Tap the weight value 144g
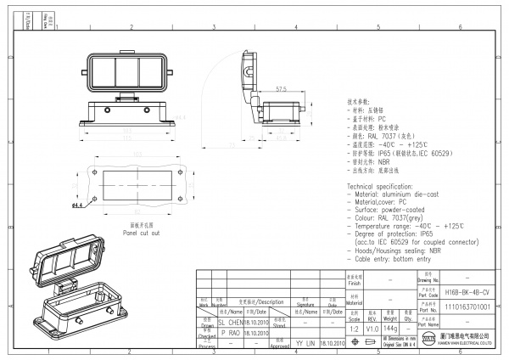coord(391,326)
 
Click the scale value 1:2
coord(353,326)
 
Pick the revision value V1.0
coord(372,326)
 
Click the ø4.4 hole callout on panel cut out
coord(77,205)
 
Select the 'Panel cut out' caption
coord(141,232)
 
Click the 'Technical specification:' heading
coord(383,185)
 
